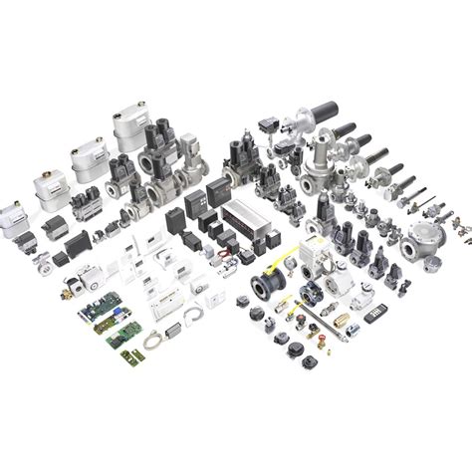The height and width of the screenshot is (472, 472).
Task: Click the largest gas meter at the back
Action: tap(132, 128)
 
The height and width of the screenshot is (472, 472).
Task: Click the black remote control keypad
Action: tap(375, 312)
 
